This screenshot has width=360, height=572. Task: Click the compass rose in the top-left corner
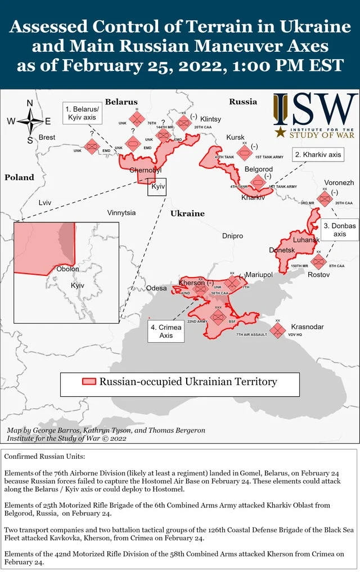pos(30,121)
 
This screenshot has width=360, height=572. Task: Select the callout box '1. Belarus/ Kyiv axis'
pos(82,113)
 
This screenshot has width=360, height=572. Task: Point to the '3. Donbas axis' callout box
pos(340,230)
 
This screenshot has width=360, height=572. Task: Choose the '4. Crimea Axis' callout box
pos(166,331)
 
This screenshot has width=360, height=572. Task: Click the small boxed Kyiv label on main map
pos(157,186)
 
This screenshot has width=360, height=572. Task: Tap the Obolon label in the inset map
pos(68,269)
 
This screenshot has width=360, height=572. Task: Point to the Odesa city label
pos(156,288)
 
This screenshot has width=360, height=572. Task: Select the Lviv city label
pos(45,202)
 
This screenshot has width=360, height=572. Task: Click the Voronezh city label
pos(339,183)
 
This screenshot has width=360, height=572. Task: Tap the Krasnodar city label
pos(307,327)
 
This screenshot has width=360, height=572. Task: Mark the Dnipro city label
pos(232,236)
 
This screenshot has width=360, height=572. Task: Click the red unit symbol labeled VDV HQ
pos(277,330)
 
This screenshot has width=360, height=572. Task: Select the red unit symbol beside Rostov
pos(318,261)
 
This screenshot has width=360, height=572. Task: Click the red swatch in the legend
pos(89,382)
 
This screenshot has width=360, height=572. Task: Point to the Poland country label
pos(20,177)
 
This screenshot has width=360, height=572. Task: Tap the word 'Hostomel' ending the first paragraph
pos(168,490)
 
